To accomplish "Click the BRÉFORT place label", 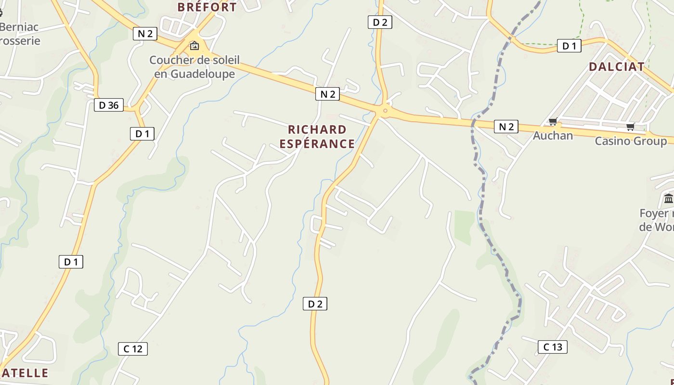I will click(207, 7).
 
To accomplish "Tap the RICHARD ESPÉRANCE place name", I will click(317, 137).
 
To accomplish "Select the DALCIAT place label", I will click(616, 67).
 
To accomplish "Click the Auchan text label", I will click(553, 136).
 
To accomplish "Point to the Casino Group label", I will click(631, 141).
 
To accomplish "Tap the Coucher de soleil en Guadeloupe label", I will click(194, 67).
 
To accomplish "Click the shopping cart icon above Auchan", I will click(553, 122).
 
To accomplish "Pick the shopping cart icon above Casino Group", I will click(630, 127).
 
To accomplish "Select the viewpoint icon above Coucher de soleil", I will click(194, 46).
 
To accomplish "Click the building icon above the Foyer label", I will click(668, 198).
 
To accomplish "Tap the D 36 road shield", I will click(109, 105).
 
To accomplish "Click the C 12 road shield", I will click(133, 349).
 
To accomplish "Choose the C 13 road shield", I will click(553, 347).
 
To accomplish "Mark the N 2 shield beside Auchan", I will click(506, 127).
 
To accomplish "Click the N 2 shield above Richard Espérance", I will click(327, 94).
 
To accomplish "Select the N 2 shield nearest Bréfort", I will click(145, 33).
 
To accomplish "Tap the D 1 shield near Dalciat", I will click(569, 46).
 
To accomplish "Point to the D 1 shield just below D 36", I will click(142, 134).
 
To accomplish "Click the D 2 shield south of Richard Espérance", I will click(315, 304).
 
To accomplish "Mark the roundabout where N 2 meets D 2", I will click(384, 111).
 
